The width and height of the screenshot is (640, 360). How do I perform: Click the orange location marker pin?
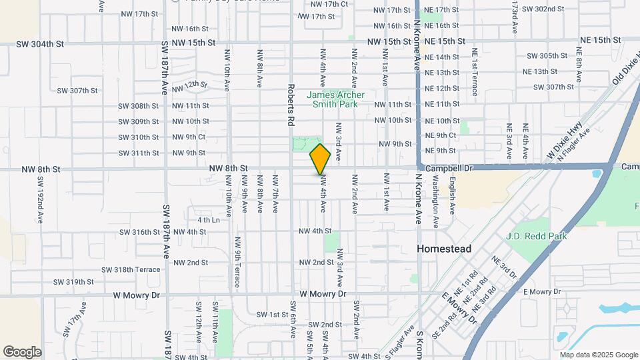(x=320, y=158)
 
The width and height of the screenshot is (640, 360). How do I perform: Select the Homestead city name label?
(x=443, y=249)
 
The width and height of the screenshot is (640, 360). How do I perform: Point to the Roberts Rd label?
(x=291, y=105)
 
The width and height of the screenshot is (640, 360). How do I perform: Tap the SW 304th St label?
(x=41, y=44)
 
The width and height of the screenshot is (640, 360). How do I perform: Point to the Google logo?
(x=22, y=351)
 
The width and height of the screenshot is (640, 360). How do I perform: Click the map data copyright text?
(x=598, y=355)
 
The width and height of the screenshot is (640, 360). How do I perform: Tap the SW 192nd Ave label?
(x=40, y=199)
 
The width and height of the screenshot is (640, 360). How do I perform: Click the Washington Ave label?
(x=436, y=199)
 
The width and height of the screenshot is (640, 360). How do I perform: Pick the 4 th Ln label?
(x=208, y=219)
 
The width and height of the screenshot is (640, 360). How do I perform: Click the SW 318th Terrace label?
(x=131, y=269)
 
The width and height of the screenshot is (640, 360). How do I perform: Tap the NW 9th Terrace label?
(x=237, y=259)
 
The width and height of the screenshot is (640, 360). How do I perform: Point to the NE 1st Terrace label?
(x=475, y=71)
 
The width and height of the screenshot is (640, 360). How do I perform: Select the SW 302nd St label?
(x=543, y=9)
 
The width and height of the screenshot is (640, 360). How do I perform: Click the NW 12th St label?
(x=190, y=87)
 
